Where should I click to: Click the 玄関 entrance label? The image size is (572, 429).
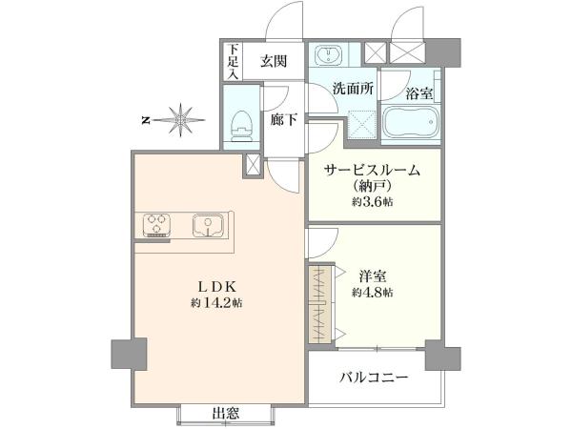274,61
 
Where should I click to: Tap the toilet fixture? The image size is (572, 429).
241,126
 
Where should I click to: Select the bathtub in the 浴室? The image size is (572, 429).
410,122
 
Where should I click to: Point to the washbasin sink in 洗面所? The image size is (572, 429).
329,54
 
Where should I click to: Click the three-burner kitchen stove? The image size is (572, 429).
157,225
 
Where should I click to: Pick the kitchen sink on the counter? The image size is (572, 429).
208,225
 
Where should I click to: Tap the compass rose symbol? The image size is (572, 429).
180,120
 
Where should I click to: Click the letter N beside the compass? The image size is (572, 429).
146,120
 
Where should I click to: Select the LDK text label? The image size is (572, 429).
217,286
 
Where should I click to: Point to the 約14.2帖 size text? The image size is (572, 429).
217,302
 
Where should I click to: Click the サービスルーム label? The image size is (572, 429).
372,170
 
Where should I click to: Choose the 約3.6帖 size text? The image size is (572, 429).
373,201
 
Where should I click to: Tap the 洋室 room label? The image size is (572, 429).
373,276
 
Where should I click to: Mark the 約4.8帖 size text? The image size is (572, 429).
373,293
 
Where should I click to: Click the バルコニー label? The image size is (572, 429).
374,378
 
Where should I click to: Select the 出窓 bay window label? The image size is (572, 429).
226,413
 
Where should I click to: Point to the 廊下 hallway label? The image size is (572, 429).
284,119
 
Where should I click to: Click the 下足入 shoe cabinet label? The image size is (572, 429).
234,61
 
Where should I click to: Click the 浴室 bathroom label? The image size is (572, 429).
419,93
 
